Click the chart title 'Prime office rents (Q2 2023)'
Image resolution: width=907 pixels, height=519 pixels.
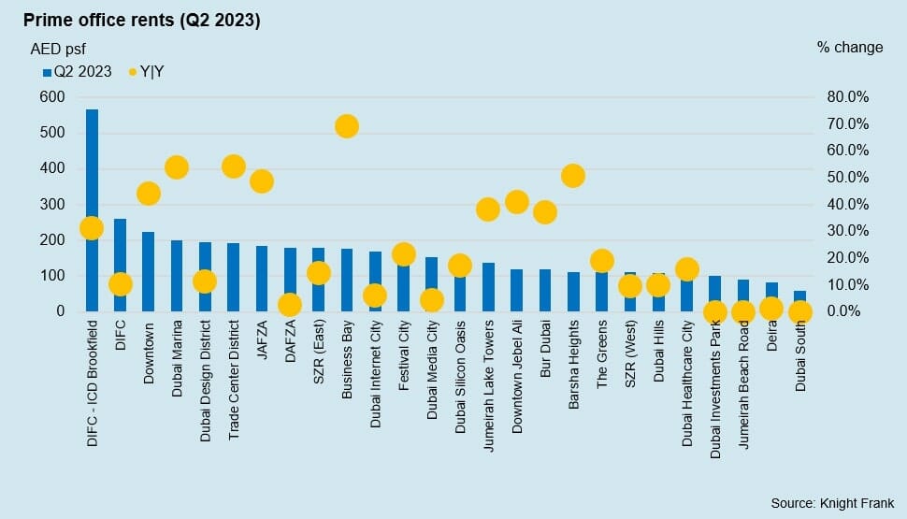141,20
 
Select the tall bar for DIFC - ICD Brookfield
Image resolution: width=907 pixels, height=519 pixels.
92,168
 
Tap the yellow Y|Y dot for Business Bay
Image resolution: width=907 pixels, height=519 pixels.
347,126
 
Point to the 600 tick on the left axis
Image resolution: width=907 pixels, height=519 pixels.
52,97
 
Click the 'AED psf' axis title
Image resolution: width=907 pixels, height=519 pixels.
58,49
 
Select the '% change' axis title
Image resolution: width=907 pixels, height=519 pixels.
849,48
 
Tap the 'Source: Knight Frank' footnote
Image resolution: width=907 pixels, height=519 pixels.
832,503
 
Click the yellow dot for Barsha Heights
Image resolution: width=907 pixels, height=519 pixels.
573,176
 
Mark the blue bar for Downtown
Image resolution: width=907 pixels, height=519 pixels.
149,271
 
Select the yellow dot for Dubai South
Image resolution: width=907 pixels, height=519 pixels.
800,312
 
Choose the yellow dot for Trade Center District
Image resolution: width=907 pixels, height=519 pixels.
234,166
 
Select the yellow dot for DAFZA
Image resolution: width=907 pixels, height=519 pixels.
290,305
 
